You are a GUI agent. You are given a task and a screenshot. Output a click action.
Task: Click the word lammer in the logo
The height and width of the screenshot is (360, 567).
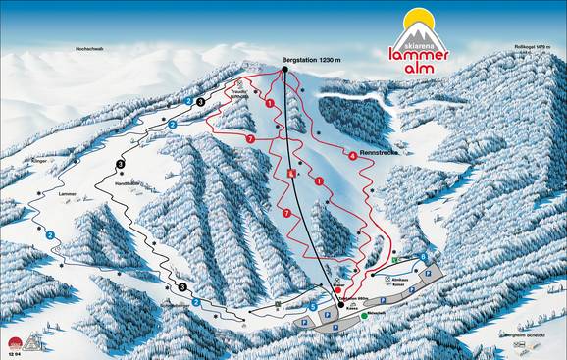422,55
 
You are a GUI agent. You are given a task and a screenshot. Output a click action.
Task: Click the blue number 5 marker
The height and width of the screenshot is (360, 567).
312,307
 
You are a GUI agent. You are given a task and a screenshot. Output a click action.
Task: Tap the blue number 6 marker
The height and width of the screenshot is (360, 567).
423,257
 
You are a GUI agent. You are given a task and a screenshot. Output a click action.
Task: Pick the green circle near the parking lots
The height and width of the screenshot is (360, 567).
364,329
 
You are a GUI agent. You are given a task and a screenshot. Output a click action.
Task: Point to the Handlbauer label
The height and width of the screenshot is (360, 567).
129,183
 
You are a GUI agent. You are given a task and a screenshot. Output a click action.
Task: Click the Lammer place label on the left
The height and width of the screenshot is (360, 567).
68,195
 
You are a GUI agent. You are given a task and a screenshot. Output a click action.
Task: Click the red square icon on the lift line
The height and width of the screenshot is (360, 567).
291,173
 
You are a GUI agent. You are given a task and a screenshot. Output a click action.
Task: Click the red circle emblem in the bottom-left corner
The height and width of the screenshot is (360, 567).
14,342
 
